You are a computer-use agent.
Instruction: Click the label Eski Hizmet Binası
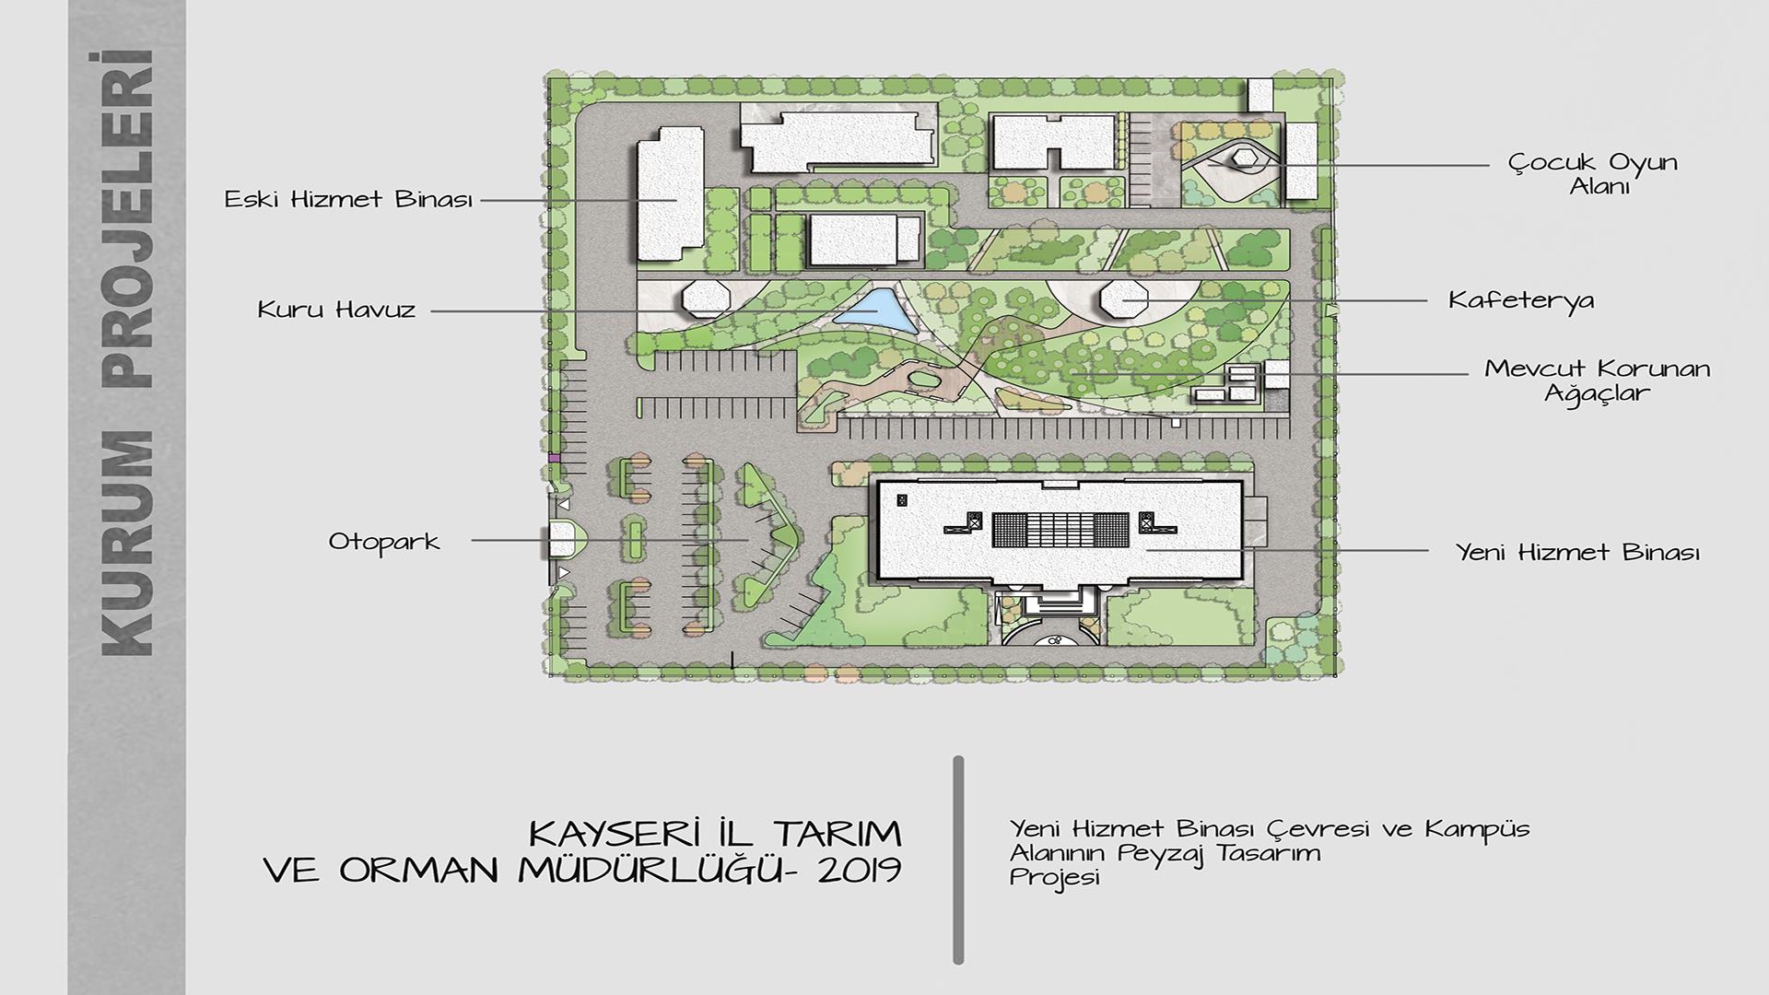point(348,199)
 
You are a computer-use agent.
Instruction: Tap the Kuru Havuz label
point(336,310)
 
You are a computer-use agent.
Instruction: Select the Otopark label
point(384,541)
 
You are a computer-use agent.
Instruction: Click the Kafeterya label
point(1520,300)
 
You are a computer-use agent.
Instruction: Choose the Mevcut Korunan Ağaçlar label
point(1598,380)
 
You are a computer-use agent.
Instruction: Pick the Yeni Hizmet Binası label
point(1577,552)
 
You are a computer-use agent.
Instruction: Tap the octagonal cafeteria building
point(1124,299)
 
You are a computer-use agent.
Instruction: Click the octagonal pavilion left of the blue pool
point(707,299)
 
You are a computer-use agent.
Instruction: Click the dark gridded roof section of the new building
point(1060,532)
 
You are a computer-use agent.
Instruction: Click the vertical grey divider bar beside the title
point(958,860)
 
